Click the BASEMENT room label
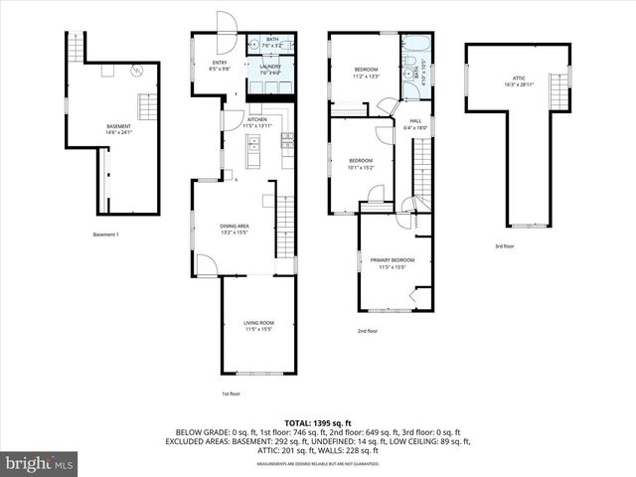pos(118,126)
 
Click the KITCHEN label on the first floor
pos(257,120)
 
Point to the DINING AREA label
pos(235,227)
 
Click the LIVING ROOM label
pos(258,323)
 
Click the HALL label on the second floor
pos(415,121)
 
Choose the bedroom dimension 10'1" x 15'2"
pos(360,168)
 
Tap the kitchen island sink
pos(253,148)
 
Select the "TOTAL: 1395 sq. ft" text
pos(318,423)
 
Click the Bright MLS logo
pos(40,463)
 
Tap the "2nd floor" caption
pos(368,331)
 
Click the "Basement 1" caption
pos(106,235)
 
